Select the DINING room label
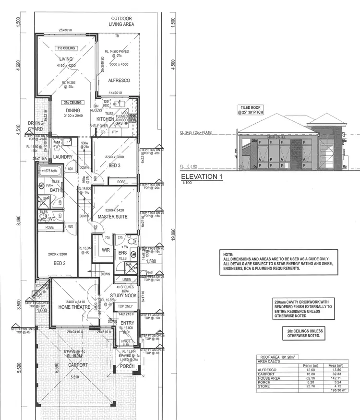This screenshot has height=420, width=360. tap(73, 110)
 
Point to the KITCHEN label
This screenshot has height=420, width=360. tap(105, 119)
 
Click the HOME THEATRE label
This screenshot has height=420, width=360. tap(74, 307)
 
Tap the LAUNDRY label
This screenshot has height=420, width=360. tap(62, 157)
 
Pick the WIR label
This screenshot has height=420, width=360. tap(106, 250)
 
